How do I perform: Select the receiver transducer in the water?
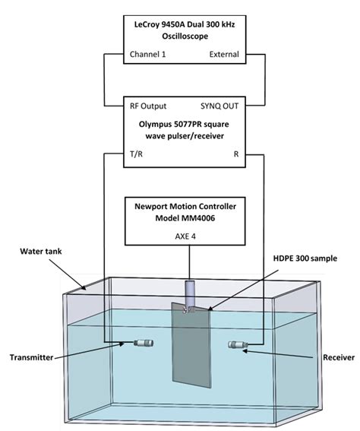coord(238,347)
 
